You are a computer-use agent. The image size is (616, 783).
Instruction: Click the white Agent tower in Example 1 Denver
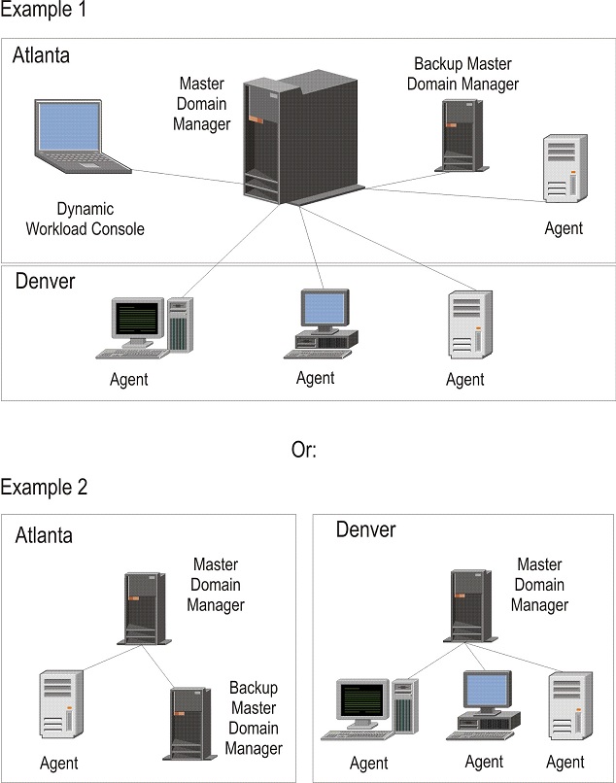click(463, 325)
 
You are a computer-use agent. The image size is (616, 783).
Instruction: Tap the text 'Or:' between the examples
click(304, 450)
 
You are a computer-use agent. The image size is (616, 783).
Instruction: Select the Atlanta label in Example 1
click(41, 55)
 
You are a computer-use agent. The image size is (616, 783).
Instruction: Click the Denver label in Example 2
click(365, 529)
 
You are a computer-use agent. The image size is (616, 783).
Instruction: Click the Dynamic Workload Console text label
click(99, 220)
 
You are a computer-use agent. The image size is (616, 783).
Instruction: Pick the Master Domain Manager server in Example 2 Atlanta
click(144, 608)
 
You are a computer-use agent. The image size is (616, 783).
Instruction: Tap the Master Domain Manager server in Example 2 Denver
click(472, 604)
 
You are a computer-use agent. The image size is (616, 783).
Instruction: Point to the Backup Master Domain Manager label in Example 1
click(462, 74)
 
